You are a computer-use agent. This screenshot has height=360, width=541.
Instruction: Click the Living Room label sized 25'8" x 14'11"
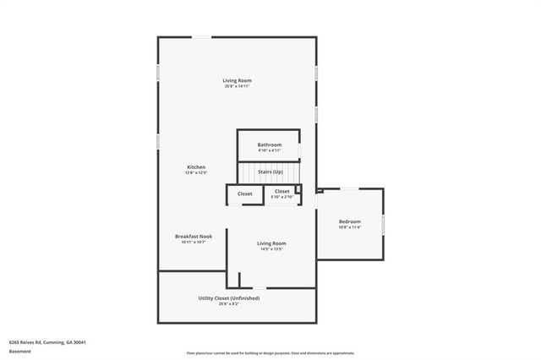238,80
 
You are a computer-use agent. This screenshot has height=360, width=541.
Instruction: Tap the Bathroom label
270,145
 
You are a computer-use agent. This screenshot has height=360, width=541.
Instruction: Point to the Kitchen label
196,167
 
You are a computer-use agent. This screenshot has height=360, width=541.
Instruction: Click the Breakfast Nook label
194,236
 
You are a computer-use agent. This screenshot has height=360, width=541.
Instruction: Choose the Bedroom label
350,221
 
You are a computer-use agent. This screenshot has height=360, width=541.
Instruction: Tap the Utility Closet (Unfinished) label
229,297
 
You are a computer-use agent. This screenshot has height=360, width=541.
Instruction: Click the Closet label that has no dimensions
244,194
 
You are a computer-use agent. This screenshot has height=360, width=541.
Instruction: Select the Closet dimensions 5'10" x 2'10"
282,198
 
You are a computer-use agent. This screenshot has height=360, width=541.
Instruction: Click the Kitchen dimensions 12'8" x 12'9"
196,172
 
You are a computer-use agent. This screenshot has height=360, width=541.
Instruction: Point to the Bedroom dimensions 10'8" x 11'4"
350,227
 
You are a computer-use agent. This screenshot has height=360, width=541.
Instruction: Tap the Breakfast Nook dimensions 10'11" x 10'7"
194,242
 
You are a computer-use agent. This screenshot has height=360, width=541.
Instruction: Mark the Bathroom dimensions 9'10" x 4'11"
270,150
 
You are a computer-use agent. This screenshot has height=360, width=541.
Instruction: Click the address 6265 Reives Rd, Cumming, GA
48,342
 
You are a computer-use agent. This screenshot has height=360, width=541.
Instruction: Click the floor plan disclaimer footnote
270,353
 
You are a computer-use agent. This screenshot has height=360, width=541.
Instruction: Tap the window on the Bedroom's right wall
384,225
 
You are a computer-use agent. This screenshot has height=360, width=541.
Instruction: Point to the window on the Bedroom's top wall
347,188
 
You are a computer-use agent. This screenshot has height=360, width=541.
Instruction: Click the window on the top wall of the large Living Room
202,36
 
